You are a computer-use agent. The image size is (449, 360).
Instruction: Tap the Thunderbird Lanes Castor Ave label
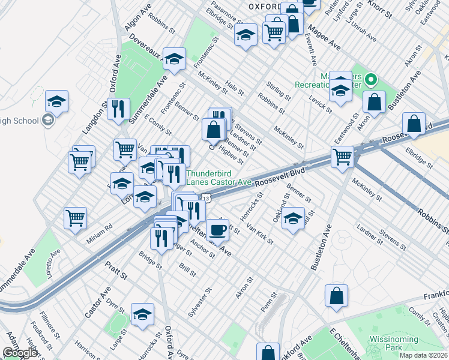pyautogui.click(x=218, y=178)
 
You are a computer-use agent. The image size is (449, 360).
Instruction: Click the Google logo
pyautogui.click(x=20, y=353)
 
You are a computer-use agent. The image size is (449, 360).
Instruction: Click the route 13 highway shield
pyautogui.click(x=206, y=197)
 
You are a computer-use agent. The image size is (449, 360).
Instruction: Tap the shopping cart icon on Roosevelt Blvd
pyautogui.click(x=342, y=157)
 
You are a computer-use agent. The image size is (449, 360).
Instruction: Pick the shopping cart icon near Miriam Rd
pyautogui.click(x=76, y=218)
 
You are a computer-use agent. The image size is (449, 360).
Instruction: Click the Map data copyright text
pyautogui.click(x=423, y=355)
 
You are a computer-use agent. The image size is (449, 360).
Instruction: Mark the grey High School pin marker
pyautogui.click(x=49, y=121)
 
